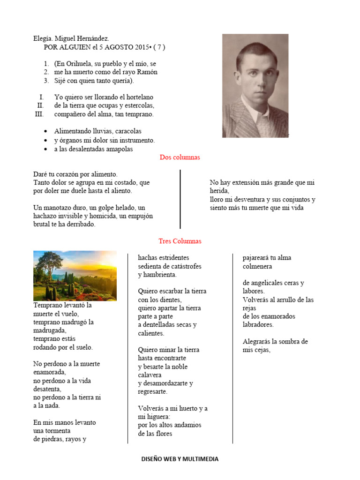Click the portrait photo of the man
(255, 85)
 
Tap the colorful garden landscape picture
(75, 276)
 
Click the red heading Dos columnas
(180, 157)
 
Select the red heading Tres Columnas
(180, 241)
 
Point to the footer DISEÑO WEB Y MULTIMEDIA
(180, 459)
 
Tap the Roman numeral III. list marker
(39, 114)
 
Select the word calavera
(150, 375)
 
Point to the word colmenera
(257, 266)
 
